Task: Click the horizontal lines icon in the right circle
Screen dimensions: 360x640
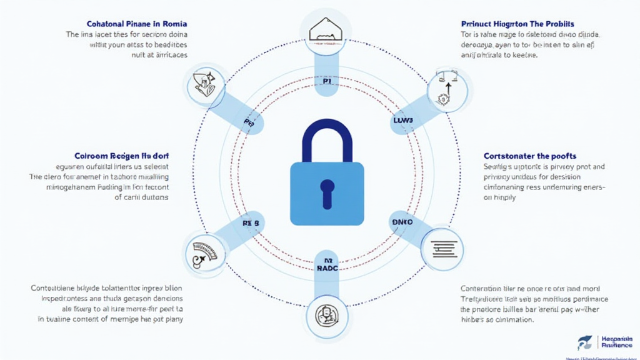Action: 442,247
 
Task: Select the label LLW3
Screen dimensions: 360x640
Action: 404,119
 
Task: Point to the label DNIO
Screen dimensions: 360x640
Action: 402,222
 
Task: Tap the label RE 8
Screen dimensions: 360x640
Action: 250,222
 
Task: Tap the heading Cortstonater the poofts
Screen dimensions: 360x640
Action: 530,155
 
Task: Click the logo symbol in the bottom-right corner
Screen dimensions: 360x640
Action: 585,342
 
